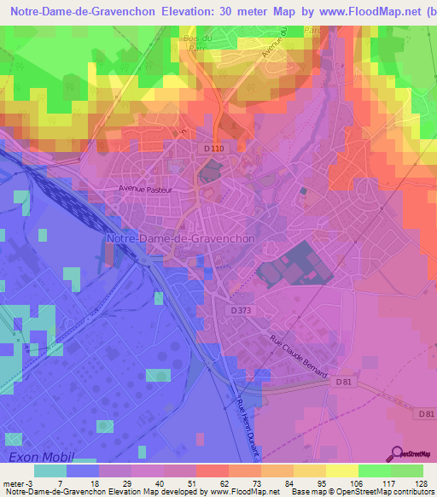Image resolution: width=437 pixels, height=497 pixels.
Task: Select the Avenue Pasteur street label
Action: pyautogui.click(x=145, y=190)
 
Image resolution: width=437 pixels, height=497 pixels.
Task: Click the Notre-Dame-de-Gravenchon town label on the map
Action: pyautogui.click(x=180, y=239)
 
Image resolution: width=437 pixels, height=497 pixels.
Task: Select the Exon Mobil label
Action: pyautogui.click(x=42, y=458)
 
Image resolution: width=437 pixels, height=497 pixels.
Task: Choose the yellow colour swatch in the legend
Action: pyautogui.click(x=341, y=471)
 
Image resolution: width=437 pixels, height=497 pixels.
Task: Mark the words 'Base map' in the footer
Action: pyautogui.click(x=313, y=492)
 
